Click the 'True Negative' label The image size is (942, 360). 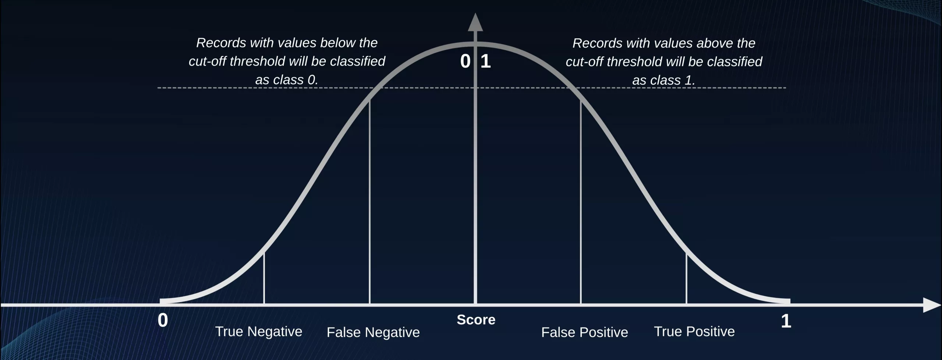click(259, 332)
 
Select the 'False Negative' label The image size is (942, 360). click(373, 332)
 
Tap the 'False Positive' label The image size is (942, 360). click(584, 332)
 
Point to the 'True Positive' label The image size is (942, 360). click(694, 332)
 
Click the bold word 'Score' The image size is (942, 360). click(476, 320)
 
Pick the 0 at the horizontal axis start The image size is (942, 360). click(163, 320)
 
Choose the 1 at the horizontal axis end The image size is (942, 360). click(786, 321)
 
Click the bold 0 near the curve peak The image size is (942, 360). click(465, 61)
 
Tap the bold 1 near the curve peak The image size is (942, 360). click(486, 61)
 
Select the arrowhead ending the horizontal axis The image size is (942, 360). click(932, 305)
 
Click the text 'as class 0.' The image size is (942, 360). click(287, 80)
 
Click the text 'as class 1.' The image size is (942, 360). click(664, 80)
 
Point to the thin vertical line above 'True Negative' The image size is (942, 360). click(264, 278)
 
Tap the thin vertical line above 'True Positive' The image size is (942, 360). click(686, 278)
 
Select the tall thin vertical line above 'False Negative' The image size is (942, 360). click(369, 201)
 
